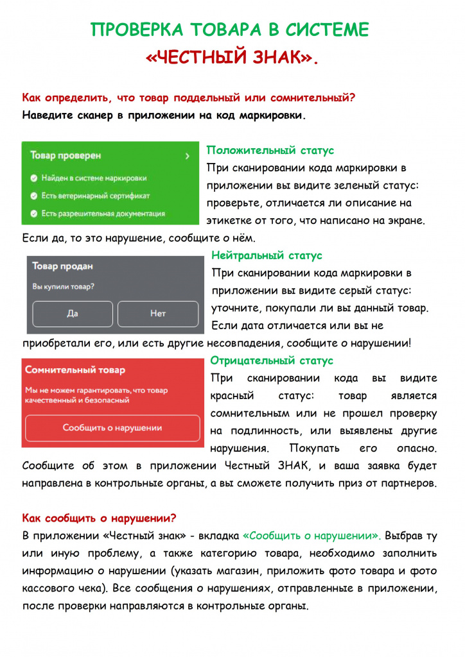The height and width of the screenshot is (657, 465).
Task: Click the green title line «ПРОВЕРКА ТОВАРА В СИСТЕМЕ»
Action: click(229, 30)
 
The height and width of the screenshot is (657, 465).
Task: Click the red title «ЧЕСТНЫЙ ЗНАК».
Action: click(232, 58)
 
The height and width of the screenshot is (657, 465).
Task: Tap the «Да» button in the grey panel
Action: click(73, 314)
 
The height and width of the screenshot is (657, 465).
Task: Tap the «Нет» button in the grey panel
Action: click(158, 314)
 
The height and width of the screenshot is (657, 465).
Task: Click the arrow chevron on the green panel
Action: click(187, 156)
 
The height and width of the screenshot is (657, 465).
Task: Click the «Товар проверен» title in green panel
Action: click(66, 156)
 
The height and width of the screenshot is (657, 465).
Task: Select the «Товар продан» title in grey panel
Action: click(62, 266)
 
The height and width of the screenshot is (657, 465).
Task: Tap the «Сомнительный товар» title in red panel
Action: click(75, 370)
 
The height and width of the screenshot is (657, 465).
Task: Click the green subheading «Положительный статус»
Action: click(270, 151)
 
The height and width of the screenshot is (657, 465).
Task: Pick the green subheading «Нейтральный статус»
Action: click(267, 255)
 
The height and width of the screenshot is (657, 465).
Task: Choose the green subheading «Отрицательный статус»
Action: click(272, 361)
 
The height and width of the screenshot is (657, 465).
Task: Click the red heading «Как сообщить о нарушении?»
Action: click(99, 518)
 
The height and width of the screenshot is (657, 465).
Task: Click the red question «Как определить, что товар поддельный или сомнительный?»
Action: click(189, 98)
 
